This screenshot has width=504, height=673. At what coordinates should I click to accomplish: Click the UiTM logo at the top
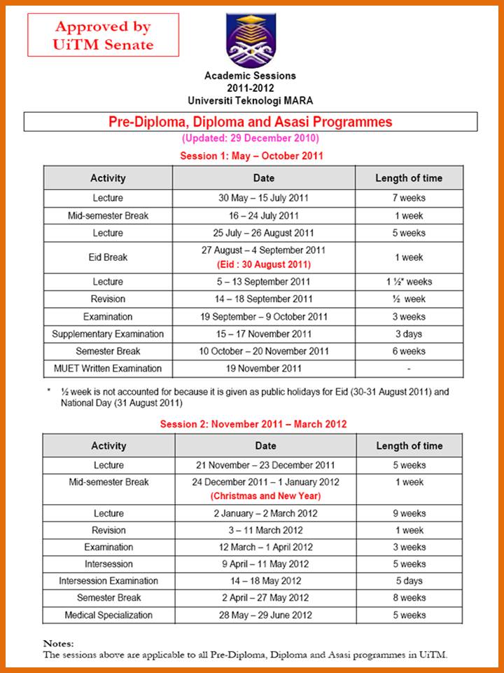point(251,39)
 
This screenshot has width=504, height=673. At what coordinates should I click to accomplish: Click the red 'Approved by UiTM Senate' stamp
point(104,36)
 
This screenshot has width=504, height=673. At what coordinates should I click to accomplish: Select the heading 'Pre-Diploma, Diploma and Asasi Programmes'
point(250,122)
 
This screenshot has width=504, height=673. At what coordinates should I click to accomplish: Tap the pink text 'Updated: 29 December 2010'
point(250,138)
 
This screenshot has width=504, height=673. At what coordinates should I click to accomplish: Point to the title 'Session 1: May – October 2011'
point(251,156)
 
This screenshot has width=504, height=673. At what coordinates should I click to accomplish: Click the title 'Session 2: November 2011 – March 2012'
point(253,424)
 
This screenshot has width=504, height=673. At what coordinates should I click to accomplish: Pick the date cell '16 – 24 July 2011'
point(264,216)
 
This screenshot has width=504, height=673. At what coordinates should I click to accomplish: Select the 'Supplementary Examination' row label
point(108,334)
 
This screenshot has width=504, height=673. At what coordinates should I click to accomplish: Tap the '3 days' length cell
point(409,334)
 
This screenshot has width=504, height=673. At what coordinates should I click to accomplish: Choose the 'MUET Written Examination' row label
point(108,369)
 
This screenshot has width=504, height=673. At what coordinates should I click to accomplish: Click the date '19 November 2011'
point(264,369)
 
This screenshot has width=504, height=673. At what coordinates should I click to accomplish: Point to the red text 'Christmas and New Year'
point(265,496)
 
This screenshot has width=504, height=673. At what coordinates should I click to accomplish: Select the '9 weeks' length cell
point(409,514)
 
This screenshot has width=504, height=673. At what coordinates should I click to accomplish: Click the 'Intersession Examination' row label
point(108,581)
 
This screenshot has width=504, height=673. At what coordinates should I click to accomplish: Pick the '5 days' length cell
point(409,581)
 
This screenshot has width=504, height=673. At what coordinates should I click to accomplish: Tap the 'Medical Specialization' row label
point(108,616)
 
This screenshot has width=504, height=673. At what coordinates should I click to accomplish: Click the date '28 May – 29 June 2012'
point(265,616)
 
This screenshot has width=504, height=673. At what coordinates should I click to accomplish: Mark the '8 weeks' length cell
point(409,598)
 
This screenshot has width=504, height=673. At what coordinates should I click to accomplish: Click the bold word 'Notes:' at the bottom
point(58,643)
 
